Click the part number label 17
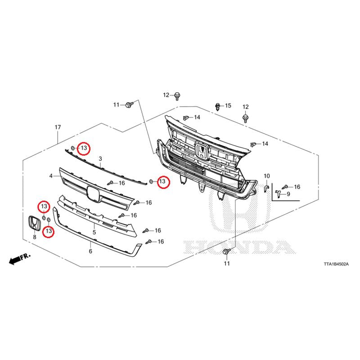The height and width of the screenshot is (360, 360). click(58, 127)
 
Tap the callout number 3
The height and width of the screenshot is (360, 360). click(100, 159)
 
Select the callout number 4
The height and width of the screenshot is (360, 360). click(51, 176)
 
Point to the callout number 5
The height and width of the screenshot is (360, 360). click(94, 232)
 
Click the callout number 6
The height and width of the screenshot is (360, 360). click(90, 251)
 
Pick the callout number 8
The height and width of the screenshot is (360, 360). click(35, 237)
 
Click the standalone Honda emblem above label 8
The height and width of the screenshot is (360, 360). click(35, 223)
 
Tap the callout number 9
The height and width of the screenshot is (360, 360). click(288, 194)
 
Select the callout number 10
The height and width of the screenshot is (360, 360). click(267, 176)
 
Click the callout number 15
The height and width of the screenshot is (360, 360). click(228, 106)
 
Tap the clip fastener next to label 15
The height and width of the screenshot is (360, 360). click(217, 107)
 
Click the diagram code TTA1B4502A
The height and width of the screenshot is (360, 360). click(336, 264)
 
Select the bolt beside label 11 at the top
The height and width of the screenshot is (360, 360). click(129, 105)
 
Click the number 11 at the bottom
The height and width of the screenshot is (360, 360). click(227, 263)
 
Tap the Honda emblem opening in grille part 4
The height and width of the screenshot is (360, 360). click(93, 194)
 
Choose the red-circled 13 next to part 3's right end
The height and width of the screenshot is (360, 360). click(162, 181)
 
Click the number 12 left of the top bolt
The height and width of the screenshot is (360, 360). click(166, 95)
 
